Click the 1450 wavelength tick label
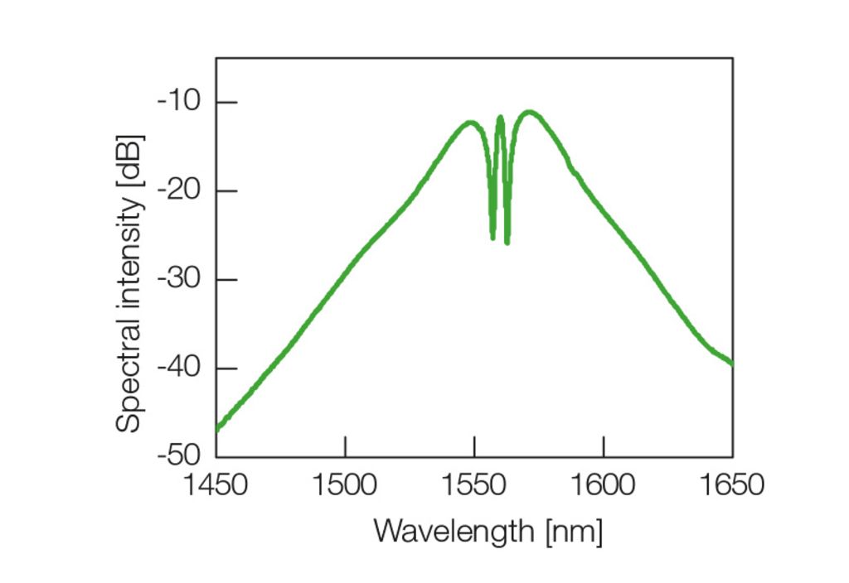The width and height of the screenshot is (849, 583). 216,484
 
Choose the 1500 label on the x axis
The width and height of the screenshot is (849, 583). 345,484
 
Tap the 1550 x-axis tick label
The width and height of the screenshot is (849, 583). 474,484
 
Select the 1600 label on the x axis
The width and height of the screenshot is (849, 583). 603,484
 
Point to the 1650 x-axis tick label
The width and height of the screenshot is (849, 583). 732,484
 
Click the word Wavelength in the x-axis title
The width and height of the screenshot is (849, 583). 454,530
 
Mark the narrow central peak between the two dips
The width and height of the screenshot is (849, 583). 500,118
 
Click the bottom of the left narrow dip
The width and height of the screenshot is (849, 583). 492,237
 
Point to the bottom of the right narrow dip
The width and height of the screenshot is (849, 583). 507,241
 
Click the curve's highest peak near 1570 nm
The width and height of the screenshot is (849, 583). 529,112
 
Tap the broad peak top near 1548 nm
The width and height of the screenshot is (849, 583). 470,123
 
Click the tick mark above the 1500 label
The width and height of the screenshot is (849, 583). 345,446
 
